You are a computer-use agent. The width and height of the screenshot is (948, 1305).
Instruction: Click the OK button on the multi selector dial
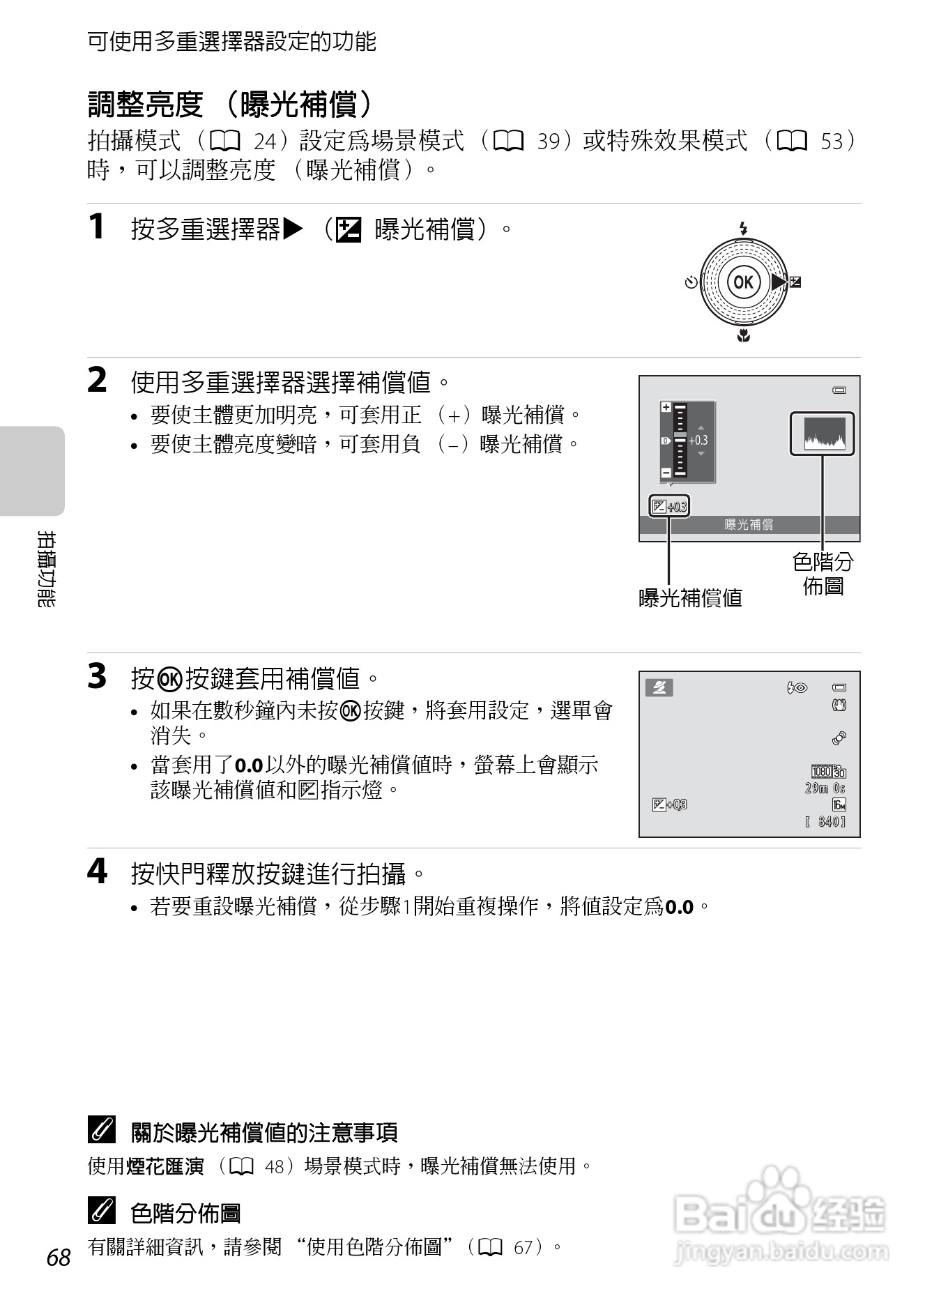pos(743,282)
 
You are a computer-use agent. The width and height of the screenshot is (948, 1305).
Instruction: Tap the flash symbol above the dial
pos(743,228)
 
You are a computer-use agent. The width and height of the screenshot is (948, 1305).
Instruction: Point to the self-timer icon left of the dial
pos(691,282)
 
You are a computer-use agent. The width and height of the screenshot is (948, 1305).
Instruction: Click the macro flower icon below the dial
pos(744,336)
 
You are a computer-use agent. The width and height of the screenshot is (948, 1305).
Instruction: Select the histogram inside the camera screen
pos(823,434)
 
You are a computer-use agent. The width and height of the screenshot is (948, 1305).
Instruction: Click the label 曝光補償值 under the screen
pos(690,597)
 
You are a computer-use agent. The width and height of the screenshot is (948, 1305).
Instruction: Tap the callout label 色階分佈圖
pos(823,573)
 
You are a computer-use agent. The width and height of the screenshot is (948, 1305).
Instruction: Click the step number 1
pos(97,227)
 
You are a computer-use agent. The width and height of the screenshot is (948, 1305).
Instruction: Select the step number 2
pos(98,381)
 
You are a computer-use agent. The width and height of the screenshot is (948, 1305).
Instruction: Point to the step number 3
pos(98,676)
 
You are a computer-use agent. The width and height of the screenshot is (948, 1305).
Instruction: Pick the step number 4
pos(98,871)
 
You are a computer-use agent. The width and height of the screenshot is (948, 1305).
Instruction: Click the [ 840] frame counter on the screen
pos(825,822)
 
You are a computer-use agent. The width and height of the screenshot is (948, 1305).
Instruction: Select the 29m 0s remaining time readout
pos(825,788)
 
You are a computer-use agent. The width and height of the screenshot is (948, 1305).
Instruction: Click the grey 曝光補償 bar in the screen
pos(749,525)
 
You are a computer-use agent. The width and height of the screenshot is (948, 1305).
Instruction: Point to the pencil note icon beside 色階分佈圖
pos(102,1212)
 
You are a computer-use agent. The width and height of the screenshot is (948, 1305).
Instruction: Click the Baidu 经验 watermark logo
pos(781,1216)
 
